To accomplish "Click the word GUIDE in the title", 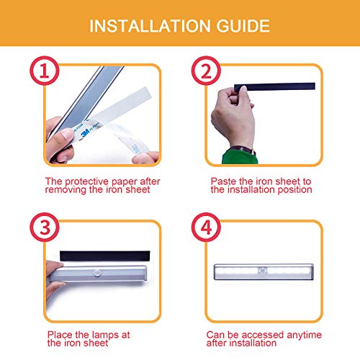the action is click(x=243, y=26).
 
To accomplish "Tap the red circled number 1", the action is click(x=45, y=71).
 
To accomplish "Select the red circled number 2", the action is click(x=206, y=71).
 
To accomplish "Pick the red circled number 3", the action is click(x=45, y=227).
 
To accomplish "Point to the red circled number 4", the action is click(x=206, y=227).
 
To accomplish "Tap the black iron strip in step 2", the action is click(x=274, y=86).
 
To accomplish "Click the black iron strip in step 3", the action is click(x=105, y=256).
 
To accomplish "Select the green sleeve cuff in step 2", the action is click(x=240, y=157).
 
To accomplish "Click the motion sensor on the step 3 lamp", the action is click(x=97, y=272).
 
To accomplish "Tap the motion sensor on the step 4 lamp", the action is click(x=262, y=271).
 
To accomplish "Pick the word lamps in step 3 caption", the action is click(x=105, y=335).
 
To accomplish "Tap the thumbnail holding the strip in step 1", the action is click(x=68, y=134).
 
